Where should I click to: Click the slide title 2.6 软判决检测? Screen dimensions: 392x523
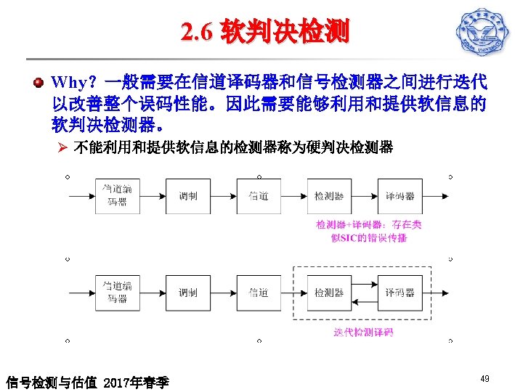pyautogui.click(x=265, y=32)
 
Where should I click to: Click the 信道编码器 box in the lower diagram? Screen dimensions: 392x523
pyautogui.click(x=117, y=293)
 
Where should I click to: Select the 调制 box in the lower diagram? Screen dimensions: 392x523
pyautogui.click(x=187, y=293)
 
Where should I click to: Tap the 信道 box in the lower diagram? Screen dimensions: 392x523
pyautogui.click(x=259, y=293)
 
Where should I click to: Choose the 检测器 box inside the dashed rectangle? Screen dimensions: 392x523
pyautogui.click(x=329, y=293)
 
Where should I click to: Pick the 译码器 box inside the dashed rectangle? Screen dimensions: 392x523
pyautogui.click(x=400, y=293)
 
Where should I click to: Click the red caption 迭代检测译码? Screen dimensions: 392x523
pyautogui.click(x=363, y=332)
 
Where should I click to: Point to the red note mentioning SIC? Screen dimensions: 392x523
pyautogui.click(x=368, y=232)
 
